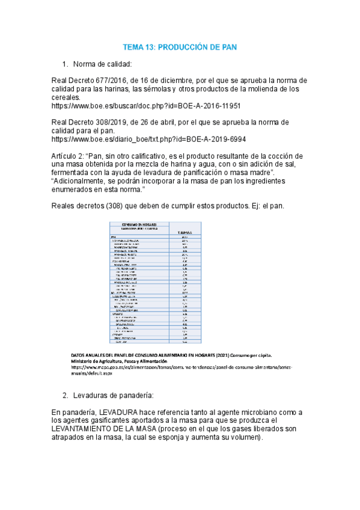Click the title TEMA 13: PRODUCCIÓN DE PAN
[x=180, y=46]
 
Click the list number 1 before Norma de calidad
[x=65, y=64]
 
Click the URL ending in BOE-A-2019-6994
[x=149, y=138]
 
